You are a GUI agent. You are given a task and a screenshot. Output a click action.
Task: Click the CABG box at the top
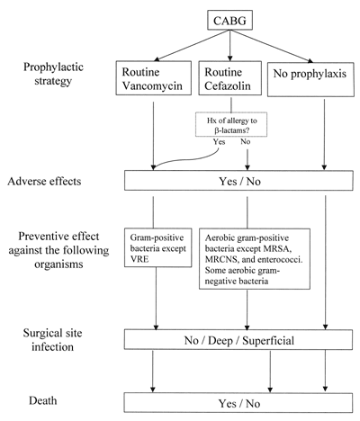point(229,20)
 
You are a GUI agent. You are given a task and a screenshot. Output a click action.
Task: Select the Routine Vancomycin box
point(154,78)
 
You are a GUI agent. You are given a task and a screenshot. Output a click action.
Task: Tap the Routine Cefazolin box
point(229,78)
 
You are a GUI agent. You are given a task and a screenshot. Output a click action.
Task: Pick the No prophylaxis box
point(310,79)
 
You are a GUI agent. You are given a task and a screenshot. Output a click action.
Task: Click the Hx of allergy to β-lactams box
point(231,124)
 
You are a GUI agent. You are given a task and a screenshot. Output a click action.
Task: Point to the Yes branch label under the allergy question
point(219,141)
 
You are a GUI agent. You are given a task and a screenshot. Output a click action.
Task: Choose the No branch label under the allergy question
point(245,141)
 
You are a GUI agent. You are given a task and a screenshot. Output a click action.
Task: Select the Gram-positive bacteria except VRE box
point(158,247)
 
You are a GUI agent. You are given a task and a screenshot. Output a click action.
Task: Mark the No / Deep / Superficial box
point(238,340)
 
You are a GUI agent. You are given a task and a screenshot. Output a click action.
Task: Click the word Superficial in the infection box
point(268,341)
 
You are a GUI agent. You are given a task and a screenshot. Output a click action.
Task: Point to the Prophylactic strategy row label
point(53,74)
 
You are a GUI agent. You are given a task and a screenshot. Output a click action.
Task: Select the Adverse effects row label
point(44,182)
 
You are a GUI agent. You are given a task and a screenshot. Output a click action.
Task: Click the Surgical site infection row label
point(52,340)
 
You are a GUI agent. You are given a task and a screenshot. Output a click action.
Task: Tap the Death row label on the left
point(42,400)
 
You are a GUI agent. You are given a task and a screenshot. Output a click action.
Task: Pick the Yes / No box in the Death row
point(238,403)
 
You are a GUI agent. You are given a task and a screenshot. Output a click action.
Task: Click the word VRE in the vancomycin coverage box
point(139,259)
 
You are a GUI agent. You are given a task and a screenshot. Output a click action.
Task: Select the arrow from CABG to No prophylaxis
point(272,46)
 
